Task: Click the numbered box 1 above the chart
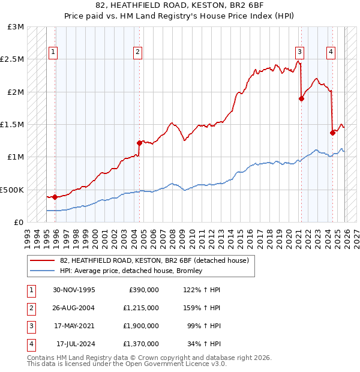[x=53, y=52]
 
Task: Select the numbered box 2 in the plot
[x=138, y=52]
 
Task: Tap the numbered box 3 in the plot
[x=299, y=52]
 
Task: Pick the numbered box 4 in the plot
[x=331, y=52]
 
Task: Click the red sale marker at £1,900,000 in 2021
[x=301, y=99]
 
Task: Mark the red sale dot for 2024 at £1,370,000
[x=332, y=133]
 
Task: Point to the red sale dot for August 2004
[x=139, y=143]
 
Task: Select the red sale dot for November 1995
[x=55, y=197]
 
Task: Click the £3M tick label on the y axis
[x=16, y=27]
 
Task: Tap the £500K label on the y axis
[x=13, y=190]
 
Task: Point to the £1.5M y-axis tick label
[x=13, y=125]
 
